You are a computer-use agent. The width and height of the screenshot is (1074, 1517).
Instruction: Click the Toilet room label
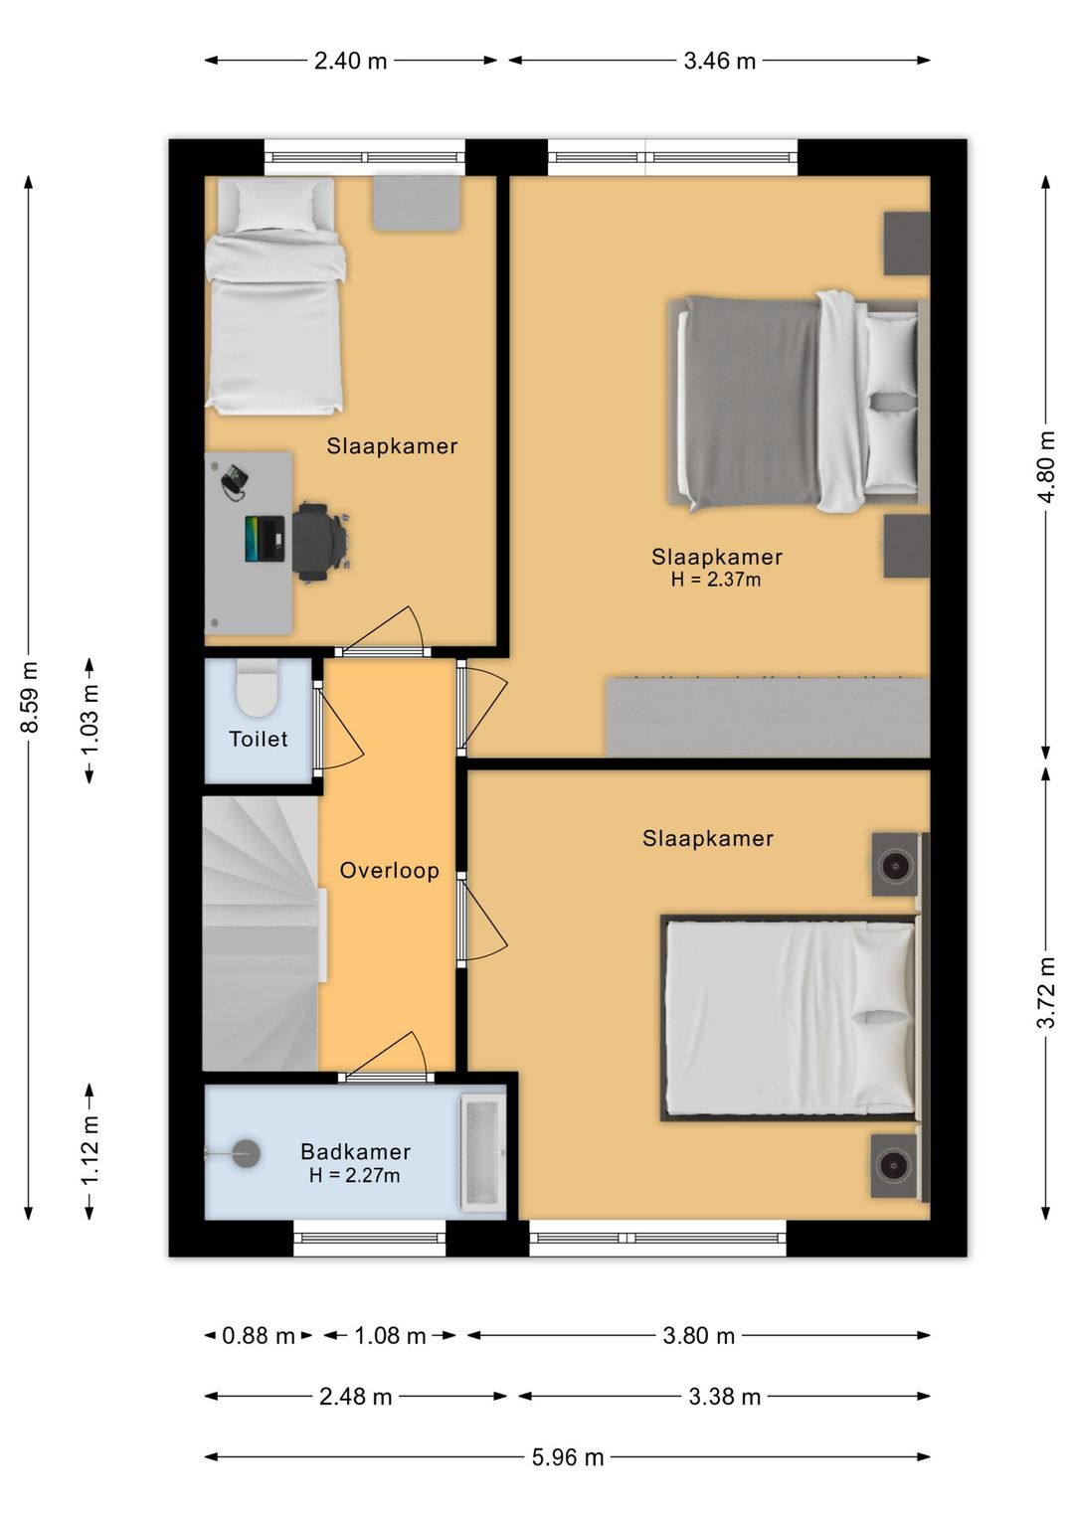(x=259, y=739)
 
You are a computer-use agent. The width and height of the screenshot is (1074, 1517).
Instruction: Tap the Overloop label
(x=390, y=870)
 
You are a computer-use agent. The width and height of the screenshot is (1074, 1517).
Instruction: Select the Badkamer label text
(x=356, y=1151)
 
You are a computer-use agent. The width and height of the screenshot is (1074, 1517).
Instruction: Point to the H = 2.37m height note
(x=716, y=580)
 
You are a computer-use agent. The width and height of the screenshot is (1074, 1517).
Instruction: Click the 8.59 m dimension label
(x=30, y=697)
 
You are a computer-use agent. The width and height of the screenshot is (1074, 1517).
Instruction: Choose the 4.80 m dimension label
(x=1047, y=466)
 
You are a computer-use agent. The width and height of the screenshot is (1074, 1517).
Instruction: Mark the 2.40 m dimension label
(x=350, y=61)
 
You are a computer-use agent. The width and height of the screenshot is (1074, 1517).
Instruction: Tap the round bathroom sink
(x=246, y=1153)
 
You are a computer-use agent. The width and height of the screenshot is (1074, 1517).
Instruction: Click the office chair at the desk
(x=320, y=542)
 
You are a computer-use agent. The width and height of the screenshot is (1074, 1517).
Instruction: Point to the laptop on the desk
(x=265, y=539)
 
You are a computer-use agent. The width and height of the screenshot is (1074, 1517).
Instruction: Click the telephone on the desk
(x=235, y=483)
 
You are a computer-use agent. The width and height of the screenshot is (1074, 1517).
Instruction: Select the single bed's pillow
(x=276, y=205)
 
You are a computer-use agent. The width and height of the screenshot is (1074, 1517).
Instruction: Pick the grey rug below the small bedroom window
(x=417, y=203)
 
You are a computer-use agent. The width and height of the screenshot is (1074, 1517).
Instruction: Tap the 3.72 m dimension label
(x=1047, y=993)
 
